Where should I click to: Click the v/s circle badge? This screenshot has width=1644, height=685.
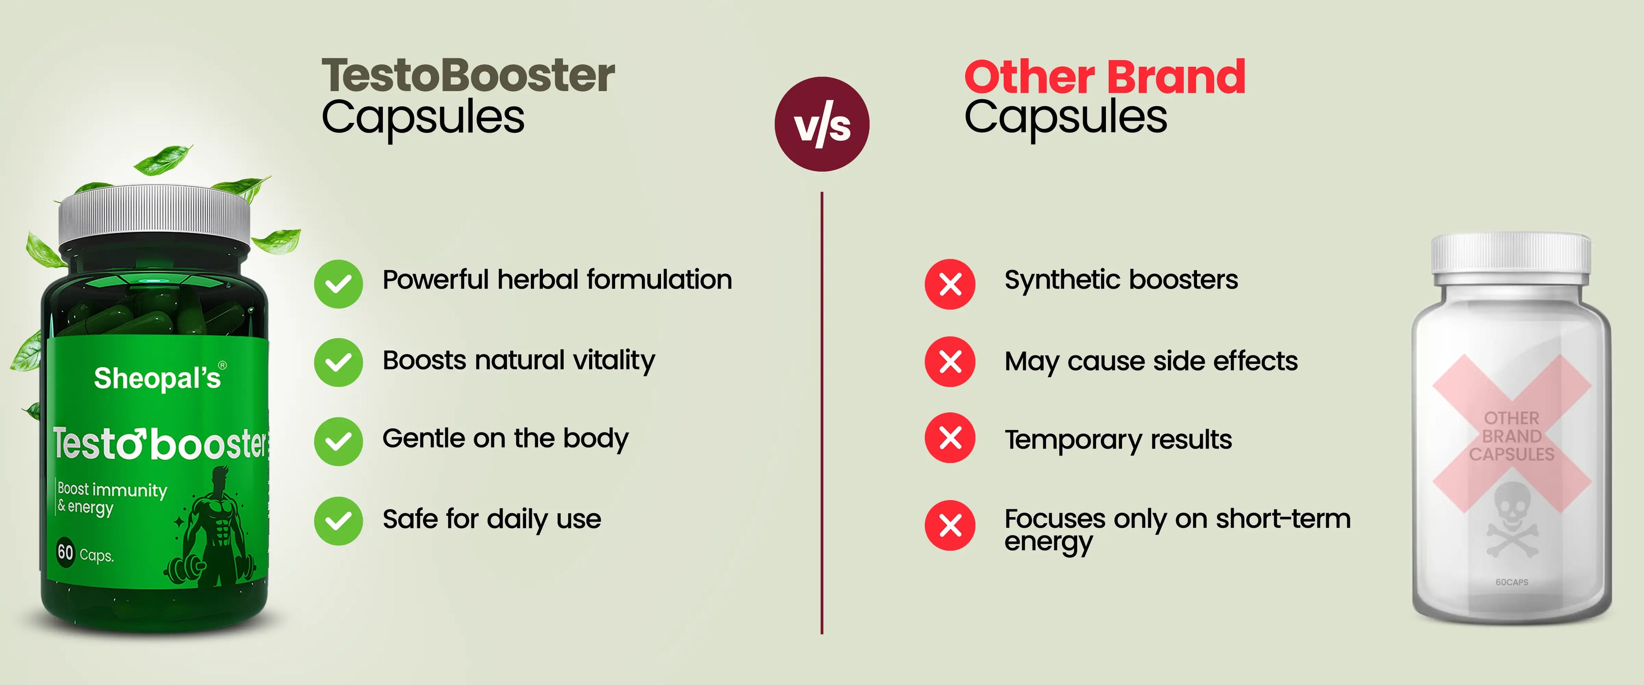822,124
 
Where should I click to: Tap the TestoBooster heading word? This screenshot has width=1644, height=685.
468,75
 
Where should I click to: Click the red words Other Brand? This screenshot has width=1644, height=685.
1105,77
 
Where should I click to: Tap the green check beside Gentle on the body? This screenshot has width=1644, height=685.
338,441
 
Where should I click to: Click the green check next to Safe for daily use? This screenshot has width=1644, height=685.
338,521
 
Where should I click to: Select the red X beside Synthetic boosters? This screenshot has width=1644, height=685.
950,284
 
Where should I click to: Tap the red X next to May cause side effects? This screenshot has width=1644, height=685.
950,362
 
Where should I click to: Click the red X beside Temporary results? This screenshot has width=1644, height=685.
950,438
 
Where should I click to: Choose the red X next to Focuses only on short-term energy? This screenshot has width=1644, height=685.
950,525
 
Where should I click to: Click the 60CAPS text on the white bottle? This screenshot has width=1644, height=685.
1512,582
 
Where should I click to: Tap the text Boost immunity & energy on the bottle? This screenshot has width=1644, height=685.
112,498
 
